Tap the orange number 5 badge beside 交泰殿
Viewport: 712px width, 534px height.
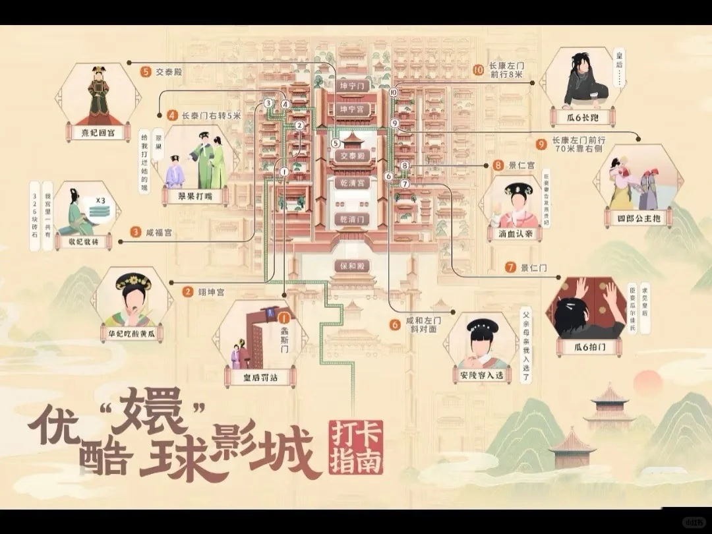click(x=146, y=72)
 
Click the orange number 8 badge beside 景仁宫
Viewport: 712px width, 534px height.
click(x=498, y=165)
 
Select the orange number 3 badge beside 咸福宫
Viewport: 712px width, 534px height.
click(x=136, y=231)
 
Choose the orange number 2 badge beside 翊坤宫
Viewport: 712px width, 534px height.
click(x=188, y=291)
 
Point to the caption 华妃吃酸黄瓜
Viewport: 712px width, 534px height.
click(x=129, y=333)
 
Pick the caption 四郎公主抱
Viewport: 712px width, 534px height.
click(x=638, y=218)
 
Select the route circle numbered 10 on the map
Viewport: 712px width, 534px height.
click(x=394, y=93)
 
